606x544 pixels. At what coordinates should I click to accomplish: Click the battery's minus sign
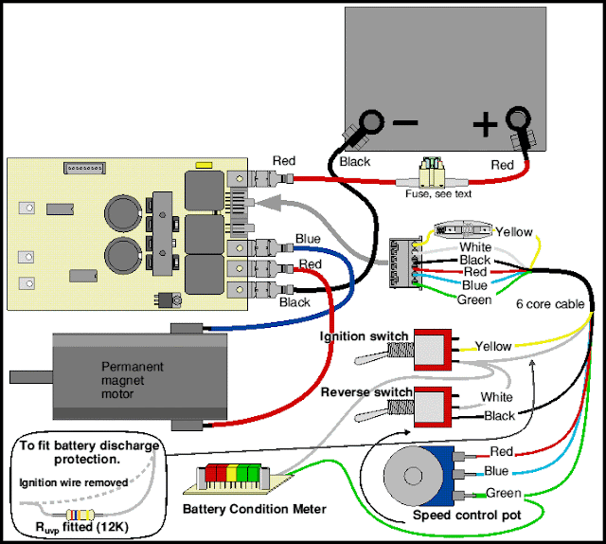click(405, 123)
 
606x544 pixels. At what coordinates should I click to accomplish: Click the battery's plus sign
click(485, 123)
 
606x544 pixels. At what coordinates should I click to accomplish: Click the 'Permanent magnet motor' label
click(133, 374)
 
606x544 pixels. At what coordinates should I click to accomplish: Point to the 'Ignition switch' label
click(365, 335)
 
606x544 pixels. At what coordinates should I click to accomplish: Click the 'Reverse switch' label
click(366, 391)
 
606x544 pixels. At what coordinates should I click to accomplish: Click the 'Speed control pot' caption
click(465, 516)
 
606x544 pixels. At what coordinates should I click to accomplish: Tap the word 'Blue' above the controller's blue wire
click(308, 239)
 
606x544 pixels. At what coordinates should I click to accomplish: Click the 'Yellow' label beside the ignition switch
click(492, 346)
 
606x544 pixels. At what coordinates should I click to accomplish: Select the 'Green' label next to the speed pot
click(502, 492)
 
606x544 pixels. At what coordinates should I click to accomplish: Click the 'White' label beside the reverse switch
click(496, 397)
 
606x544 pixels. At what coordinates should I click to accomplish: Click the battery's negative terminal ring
click(370, 123)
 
